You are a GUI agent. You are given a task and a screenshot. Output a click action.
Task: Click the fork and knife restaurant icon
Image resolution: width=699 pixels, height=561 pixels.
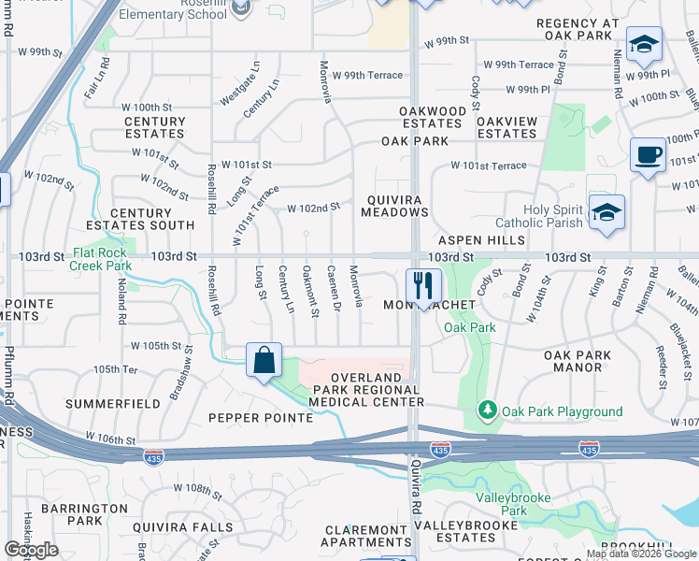pos(423,285)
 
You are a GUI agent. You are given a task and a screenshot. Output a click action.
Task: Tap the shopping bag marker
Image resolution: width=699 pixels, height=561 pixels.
pos(264,360)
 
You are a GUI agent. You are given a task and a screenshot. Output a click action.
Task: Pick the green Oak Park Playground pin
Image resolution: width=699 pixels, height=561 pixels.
pos(487,410)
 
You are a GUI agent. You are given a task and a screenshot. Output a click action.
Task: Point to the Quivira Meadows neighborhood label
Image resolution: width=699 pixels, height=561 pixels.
pos(395,205)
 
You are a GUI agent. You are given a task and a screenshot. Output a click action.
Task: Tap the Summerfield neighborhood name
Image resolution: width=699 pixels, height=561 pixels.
pos(113,404)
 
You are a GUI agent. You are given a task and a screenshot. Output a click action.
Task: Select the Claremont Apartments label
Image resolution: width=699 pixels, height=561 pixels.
pos(366,536)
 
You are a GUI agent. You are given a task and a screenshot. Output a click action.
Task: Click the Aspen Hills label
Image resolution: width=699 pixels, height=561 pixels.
pos(481,240)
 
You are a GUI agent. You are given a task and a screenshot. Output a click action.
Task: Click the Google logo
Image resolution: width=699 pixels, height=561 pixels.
pos(32,550)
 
